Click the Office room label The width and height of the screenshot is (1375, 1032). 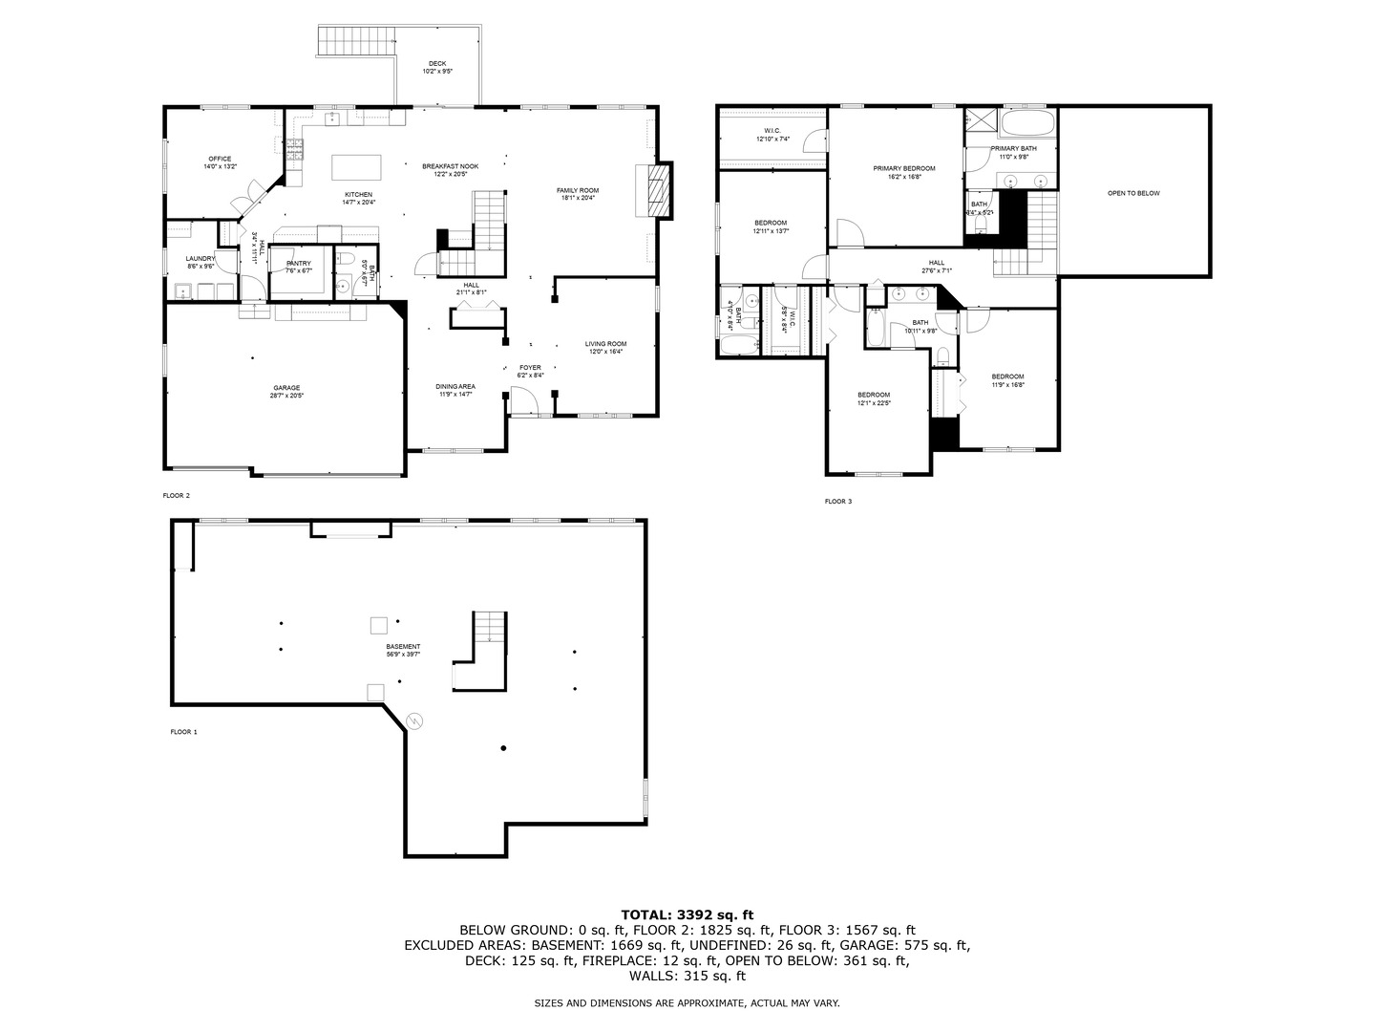(220, 162)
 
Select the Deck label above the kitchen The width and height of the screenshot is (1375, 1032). (437, 67)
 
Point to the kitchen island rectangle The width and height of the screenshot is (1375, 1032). (356, 167)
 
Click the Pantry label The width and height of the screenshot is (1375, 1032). (299, 267)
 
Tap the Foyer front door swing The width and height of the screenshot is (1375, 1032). (527, 402)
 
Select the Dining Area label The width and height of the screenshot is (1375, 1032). (455, 390)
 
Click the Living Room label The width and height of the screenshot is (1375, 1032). (605, 347)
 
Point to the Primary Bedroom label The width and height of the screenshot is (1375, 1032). (904, 172)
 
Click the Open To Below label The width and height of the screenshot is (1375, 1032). (1133, 193)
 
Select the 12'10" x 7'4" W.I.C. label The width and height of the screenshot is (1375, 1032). (772, 134)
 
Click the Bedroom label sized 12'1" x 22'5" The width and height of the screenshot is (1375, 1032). (874, 398)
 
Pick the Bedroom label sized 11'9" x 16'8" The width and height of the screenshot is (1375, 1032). (1007, 379)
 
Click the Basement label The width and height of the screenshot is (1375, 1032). (403, 650)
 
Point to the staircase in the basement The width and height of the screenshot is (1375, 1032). (489, 627)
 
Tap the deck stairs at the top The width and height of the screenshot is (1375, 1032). (356, 41)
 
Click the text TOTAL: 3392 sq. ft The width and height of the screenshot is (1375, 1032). (687, 914)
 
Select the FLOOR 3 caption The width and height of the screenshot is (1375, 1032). (838, 501)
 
